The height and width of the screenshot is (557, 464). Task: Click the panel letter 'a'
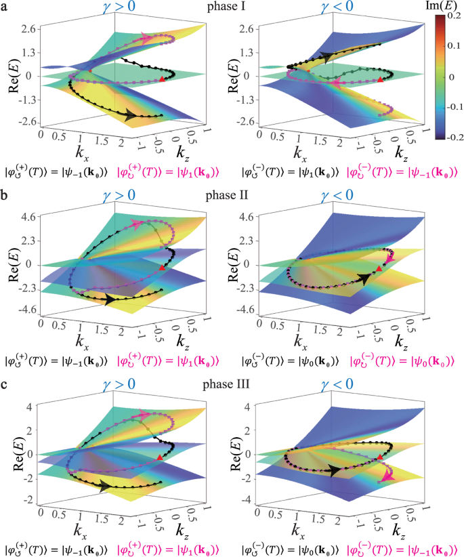pyautogui.click(x=5, y=7)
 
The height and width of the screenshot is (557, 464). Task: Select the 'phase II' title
pyautogui.click(x=226, y=194)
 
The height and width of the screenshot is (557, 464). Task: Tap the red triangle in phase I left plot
pyautogui.click(x=161, y=80)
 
